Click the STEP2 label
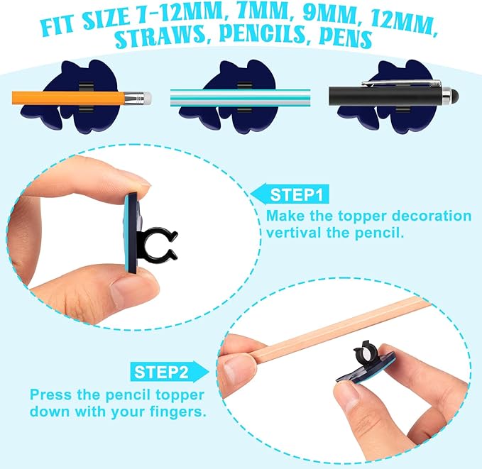pos(161,371)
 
